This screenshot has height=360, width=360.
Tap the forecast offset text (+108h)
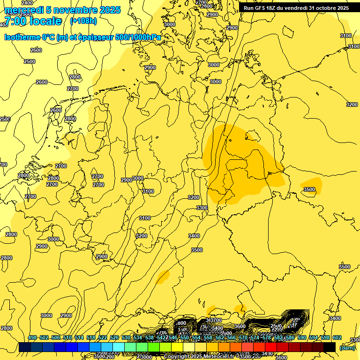(x=83, y=21)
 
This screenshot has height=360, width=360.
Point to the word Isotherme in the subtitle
(x=22, y=37)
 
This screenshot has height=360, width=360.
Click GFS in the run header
(x=261, y=8)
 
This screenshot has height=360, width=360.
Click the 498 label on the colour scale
(x=32, y=337)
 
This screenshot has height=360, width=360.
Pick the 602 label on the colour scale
(x=337, y=337)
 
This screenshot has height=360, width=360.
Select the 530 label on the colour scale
(x=126, y=337)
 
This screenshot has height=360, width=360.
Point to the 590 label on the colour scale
(x=302, y=337)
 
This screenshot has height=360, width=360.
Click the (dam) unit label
(x=347, y=347)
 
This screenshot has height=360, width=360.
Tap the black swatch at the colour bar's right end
(x=330, y=347)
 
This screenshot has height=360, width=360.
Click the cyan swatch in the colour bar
(x=119, y=347)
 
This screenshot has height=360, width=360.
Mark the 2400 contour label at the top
(x=27, y=3)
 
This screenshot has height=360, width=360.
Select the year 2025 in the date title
(x=110, y=10)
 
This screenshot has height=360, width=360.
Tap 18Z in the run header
(x=273, y=8)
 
